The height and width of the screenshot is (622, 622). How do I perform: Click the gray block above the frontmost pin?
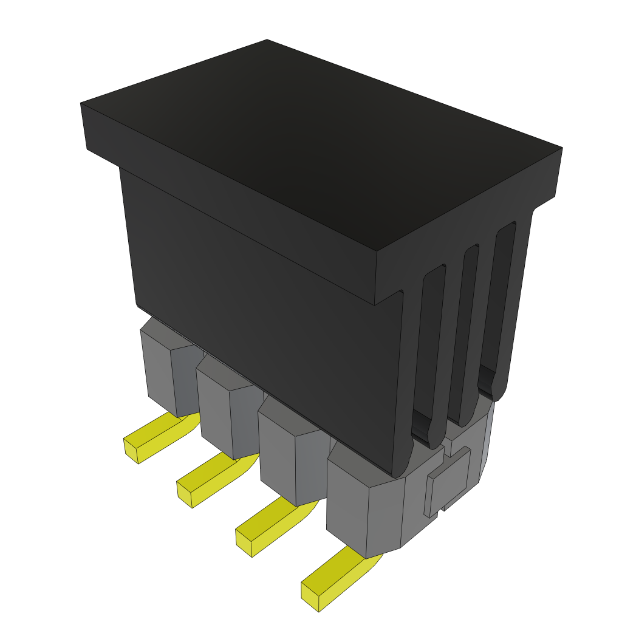364,510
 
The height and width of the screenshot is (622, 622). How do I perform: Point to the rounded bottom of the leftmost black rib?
401,468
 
